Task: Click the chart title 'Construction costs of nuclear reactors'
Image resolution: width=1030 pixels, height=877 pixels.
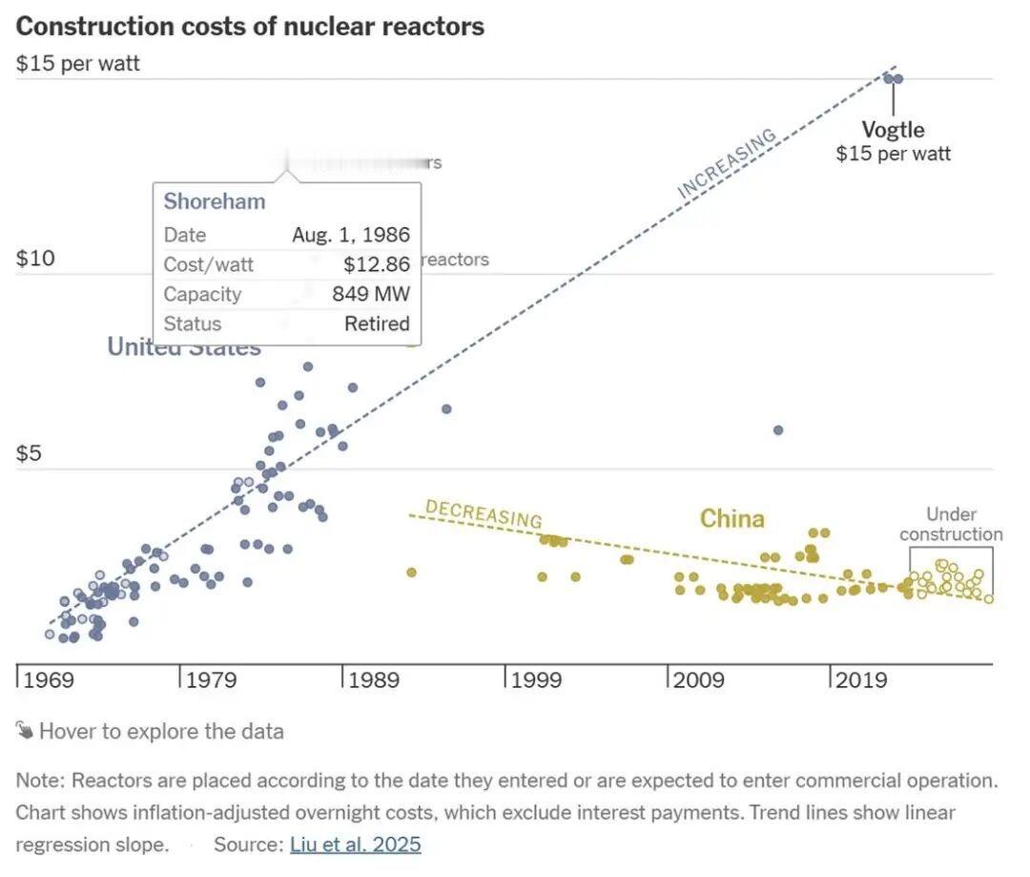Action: pos(250,26)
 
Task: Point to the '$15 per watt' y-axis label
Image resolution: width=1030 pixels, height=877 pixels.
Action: pos(78,64)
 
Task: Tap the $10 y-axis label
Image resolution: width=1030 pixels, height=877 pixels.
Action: pos(35,260)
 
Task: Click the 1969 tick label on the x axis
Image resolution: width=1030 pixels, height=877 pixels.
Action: pos(49,680)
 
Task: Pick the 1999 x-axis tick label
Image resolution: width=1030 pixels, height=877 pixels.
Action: pos(537,680)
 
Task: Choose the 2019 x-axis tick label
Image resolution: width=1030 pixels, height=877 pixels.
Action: pos(861,680)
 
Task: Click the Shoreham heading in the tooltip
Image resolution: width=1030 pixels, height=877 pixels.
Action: pos(214,201)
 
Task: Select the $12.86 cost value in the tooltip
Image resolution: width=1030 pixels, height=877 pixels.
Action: pos(376,264)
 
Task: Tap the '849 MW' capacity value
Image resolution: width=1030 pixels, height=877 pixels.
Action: pos(370,294)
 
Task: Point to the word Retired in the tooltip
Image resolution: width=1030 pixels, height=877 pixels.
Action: pos(377,324)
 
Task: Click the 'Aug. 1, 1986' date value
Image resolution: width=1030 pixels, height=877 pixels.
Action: pos(350,235)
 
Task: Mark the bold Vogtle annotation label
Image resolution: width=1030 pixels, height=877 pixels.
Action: pos(893,130)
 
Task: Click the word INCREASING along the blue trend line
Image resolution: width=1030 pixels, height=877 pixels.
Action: pos(727,163)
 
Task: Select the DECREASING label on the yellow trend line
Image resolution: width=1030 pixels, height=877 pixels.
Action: pos(484,513)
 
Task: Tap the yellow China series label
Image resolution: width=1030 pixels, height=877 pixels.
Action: pos(731,518)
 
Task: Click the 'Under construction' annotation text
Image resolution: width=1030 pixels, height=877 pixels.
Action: pos(951,525)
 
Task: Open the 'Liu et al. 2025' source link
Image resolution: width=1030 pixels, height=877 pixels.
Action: pos(355,845)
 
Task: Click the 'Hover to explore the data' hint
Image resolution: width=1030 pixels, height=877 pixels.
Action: pos(160,732)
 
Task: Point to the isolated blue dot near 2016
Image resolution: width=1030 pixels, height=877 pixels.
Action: pos(777,430)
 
